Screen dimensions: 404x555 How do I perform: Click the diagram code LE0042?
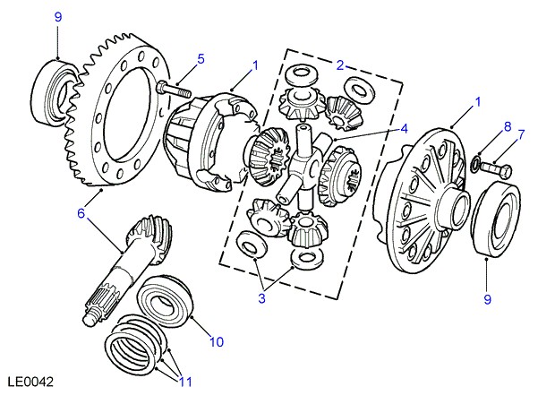[x=29, y=382]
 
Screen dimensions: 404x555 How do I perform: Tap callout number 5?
[x=201, y=59]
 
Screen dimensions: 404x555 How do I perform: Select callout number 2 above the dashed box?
[x=340, y=64]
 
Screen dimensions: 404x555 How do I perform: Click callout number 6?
[x=81, y=213]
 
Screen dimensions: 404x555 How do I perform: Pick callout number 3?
[x=262, y=298]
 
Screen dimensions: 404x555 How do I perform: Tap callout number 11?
[x=184, y=383]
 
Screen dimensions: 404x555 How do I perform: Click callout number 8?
[x=506, y=127]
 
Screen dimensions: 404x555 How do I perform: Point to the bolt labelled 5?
[x=174, y=90]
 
